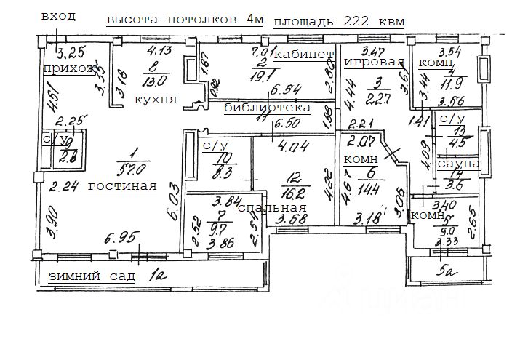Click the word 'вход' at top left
coord(59,15)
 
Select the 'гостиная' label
coord(122,187)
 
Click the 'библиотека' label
coord(267,108)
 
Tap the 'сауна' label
coord(459,164)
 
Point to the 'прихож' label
coord(70,69)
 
